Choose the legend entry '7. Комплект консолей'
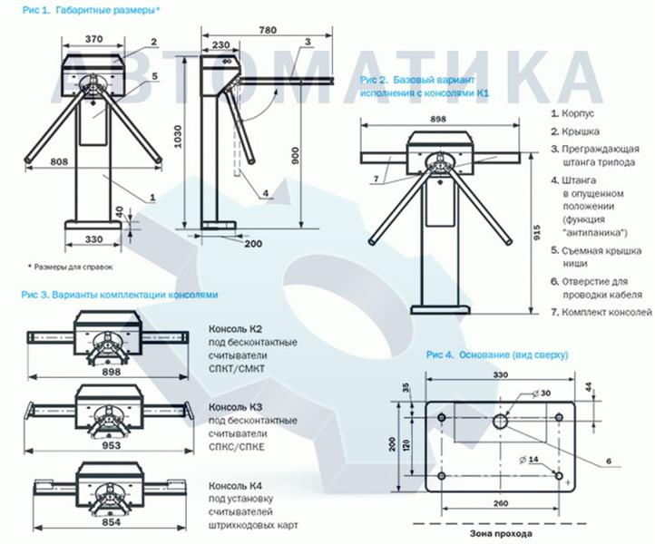[601, 312]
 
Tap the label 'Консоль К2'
[236, 327]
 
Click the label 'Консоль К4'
[236, 485]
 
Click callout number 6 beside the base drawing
[608, 461]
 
